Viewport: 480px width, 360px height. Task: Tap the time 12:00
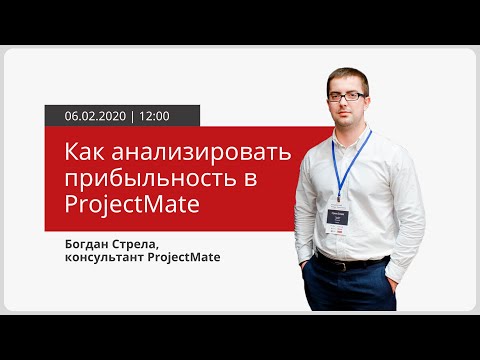[x=154, y=116]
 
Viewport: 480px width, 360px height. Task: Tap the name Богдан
[x=91, y=243]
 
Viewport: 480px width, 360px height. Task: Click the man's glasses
[x=347, y=97]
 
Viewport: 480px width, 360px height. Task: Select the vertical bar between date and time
[x=132, y=116]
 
